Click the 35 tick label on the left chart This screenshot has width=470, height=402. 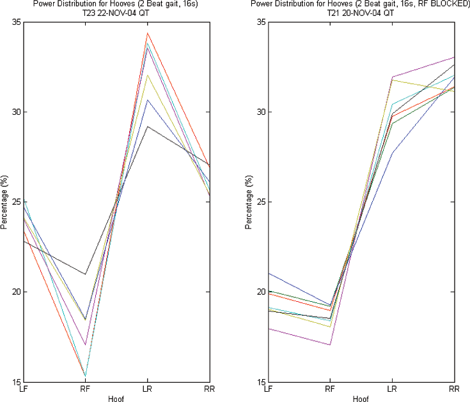[x=15, y=22]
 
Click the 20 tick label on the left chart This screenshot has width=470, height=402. [x=15, y=292]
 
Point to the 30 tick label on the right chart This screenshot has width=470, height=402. [x=260, y=112]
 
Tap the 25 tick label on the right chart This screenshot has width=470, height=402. [x=260, y=202]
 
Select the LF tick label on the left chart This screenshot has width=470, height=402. [x=24, y=389]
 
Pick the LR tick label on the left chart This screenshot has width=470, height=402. [x=148, y=389]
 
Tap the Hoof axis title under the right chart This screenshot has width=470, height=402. [x=361, y=398]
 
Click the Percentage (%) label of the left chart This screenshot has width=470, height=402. [x=5, y=202]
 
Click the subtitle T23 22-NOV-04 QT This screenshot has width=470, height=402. [x=116, y=12]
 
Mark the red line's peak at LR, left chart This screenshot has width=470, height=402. [x=148, y=33]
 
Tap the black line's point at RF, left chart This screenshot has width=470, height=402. [x=85, y=274]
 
